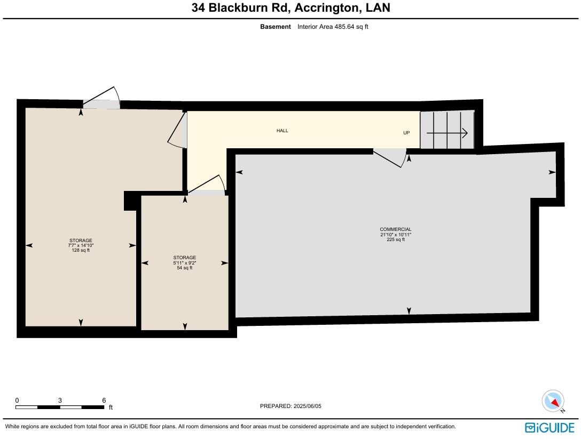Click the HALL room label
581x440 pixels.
(x=282, y=131)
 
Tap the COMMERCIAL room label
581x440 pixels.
(x=395, y=229)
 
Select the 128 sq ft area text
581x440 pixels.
(x=81, y=250)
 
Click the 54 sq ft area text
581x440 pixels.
(x=184, y=268)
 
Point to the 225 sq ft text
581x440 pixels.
(x=395, y=239)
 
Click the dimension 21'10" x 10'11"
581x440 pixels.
(x=395, y=235)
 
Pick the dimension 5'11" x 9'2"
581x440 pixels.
(x=184, y=263)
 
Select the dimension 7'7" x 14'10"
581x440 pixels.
(x=81, y=245)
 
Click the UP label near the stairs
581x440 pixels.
(x=406, y=133)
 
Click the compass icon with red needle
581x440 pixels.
(x=553, y=401)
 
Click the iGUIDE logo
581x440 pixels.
(x=549, y=427)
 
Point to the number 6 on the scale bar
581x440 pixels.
(x=104, y=401)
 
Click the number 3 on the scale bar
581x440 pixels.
(x=60, y=401)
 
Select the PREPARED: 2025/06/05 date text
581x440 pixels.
(x=290, y=406)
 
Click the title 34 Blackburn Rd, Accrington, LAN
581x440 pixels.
(x=290, y=8)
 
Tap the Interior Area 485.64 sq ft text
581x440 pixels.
(x=333, y=27)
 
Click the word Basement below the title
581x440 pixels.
(x=276, y=27)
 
